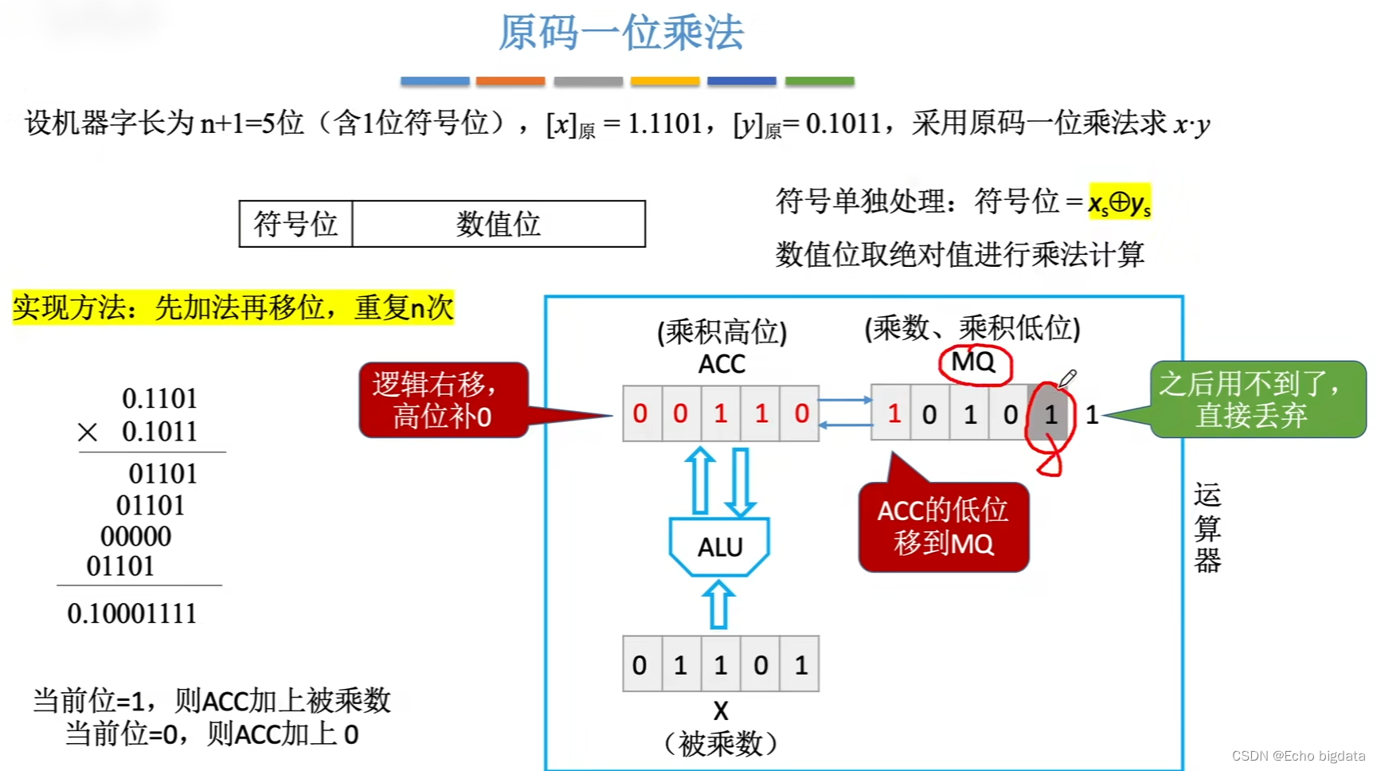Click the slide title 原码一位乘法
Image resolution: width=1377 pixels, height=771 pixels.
(620, 33)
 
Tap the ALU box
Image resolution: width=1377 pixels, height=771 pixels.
(719, 546)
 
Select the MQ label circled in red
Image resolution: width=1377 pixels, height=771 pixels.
(973, 362)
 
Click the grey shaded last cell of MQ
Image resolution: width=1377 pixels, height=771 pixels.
(1050, 413)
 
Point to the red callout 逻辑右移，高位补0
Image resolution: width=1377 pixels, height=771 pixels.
(443, 400)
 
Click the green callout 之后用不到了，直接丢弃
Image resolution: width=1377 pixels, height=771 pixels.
(1257, 400)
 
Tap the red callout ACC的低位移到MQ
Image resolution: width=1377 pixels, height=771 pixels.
(943, 527)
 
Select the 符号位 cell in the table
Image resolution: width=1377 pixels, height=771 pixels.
(295, 224)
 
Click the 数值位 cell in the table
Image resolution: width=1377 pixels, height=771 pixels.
(499, 224)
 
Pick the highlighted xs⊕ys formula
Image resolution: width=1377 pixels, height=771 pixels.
(1119, 202)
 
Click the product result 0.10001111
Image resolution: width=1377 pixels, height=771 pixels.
(132, 613)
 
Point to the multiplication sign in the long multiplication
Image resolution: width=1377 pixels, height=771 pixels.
(88, 432)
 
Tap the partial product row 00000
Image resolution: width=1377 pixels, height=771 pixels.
(135, 536)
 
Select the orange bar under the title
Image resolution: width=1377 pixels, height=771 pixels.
(510, 81)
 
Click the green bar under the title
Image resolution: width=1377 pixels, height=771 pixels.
(819, 81)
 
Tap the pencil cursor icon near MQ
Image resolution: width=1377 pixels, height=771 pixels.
(1067, 379)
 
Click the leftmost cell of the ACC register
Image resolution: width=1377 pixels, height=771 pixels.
(641, 413)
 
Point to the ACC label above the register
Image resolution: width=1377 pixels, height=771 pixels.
(722, 364)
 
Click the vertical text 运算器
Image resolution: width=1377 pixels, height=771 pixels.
(1207, 527)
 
